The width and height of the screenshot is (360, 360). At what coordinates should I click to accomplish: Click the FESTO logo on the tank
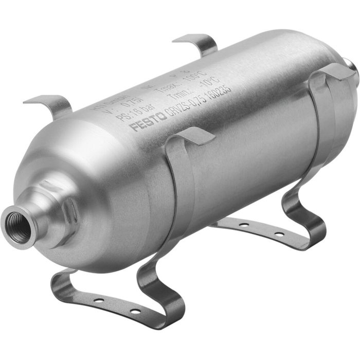pos(148,120)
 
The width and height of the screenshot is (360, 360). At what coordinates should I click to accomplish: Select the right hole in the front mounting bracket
pos(134,311)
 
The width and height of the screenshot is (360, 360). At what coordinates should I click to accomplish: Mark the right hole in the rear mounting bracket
pos(278,235)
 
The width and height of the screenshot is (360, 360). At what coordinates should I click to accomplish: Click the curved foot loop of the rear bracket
pos(306,216)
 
